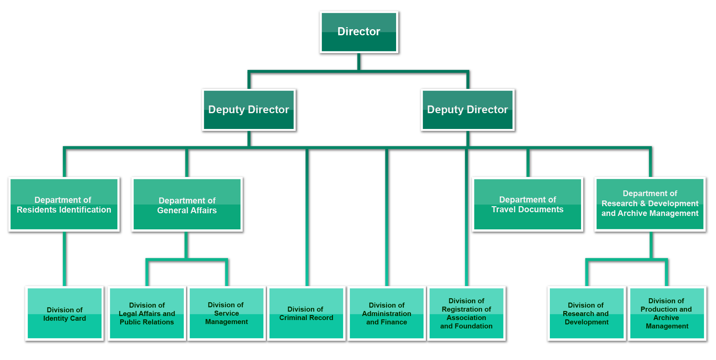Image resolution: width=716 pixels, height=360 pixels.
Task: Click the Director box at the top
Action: click(359, 32)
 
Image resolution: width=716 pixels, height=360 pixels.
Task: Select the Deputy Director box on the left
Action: click(249, 110)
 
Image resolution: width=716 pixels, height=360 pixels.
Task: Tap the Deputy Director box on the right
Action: click(468, 110)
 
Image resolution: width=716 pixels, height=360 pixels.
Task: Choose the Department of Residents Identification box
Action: click(64, 204)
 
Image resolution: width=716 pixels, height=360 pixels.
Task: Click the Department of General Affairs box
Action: click(187, 204)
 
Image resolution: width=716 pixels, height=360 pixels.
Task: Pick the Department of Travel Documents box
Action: click(527, 204)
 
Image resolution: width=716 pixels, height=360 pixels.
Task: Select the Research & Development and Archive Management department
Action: click(650, 204)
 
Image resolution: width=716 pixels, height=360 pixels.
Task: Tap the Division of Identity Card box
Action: click(64, 313)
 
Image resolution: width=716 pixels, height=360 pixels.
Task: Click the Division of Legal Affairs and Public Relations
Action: click(147, 313)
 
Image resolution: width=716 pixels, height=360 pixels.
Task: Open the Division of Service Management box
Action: click(227, 313)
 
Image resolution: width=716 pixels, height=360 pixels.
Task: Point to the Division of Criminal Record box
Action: click(306, 313)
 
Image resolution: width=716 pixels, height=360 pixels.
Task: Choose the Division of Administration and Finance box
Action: click(387, 313)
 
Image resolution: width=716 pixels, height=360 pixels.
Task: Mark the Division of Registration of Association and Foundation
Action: click(466, 313)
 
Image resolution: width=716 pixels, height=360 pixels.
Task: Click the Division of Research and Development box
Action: click(586, 313)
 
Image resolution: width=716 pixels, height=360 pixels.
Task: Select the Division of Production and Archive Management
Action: click(667, 313)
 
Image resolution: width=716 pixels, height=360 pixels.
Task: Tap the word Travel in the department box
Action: click(504, 210)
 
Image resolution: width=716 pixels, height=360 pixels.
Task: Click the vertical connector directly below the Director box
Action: click(359, 61)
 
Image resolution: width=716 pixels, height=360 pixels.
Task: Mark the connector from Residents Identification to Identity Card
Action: click(64, 259)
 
